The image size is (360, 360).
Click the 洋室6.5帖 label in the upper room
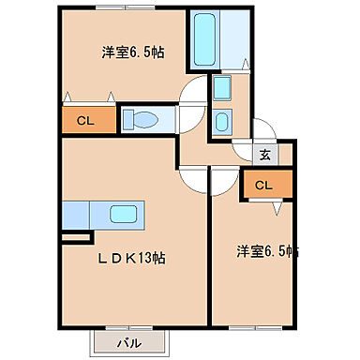pos(132,53)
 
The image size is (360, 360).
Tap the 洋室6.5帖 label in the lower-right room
pos(268,251)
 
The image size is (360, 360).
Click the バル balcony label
pos(129,343)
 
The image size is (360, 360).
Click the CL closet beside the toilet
pos(85,120)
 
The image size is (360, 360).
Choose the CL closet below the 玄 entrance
pos(263,185)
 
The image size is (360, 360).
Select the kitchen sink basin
pos(123,214)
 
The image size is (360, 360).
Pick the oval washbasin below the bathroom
pos(221,121)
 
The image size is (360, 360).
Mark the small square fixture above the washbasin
pos(221,90)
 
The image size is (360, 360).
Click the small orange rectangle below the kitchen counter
pos(70,237)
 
